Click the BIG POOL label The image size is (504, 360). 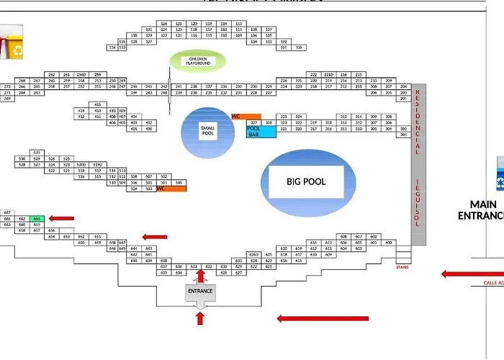(x=306, y=181)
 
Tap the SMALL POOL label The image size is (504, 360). (x=207, y=130)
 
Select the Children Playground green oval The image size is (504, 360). (x=198, y=60)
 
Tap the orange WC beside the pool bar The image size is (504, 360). (x=246, y=116)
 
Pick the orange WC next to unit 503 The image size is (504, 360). (x=171, y=189)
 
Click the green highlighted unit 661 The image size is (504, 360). (x=37, y=218)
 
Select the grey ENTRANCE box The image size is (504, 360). (x=200, y=292)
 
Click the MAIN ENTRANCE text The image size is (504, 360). (x=481, y=210)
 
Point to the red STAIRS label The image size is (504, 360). (x=402, y=266)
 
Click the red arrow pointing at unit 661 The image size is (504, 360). (x=61, y=218)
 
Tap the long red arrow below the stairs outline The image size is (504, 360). (x=323, y=318)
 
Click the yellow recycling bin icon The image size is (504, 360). (x=12, y=44)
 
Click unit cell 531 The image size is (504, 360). (x=37, y=153)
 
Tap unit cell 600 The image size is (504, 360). (x=389, y=243)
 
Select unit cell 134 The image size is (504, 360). (x=112, y=48)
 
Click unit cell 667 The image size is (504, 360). (x=7, y=212)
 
